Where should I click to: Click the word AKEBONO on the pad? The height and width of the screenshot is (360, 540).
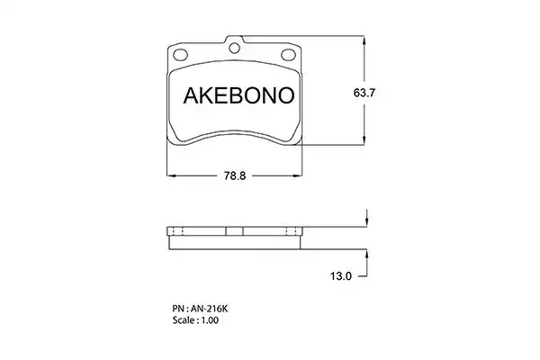tap(238, 95)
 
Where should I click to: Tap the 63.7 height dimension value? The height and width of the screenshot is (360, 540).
tap(364, 93)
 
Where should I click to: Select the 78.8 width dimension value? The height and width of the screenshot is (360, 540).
tap(235, 175)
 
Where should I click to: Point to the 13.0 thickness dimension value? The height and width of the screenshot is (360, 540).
tap(341, 276)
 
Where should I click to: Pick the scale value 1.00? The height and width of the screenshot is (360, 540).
tap(210, 320)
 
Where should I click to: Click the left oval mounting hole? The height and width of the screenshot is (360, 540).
tap(180, 55)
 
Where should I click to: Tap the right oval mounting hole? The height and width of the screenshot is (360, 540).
tap(288, 55)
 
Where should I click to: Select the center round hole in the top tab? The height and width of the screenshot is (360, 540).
tap(234, 49)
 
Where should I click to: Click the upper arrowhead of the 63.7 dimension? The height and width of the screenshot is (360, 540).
tap(364, 40)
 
